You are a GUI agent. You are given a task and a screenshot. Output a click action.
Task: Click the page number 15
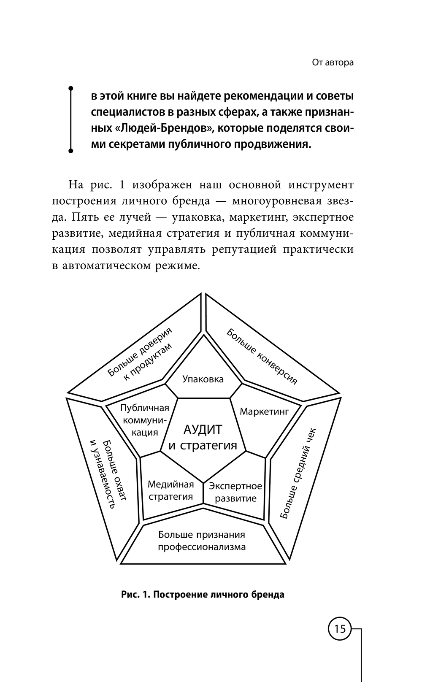340,629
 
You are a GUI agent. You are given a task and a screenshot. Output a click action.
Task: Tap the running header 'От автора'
333,63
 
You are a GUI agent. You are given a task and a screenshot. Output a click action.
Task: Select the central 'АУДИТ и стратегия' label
203,437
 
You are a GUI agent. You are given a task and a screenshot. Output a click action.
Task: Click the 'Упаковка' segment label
203,379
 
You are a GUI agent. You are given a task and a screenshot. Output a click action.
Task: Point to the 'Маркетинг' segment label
264,411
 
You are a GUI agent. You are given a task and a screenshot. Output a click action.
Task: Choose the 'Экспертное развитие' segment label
235,492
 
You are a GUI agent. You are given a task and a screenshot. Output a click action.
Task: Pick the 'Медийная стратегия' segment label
170,490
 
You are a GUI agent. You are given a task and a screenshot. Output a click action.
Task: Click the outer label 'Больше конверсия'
262,357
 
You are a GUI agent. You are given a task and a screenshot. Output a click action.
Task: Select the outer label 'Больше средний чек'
298,473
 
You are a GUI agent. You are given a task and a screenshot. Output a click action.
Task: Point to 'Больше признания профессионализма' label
202,541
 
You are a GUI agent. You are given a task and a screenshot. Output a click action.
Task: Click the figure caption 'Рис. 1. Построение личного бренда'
203,595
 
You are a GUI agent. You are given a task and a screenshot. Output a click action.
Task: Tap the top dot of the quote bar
71,88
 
